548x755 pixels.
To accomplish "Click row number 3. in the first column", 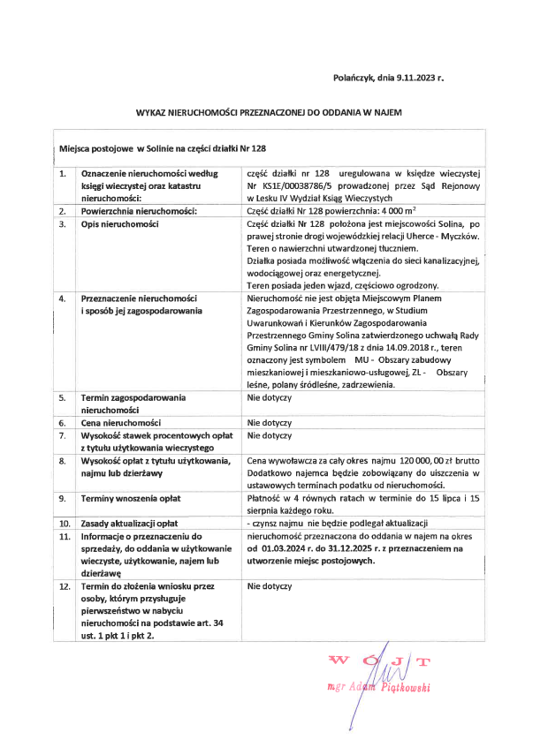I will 63,224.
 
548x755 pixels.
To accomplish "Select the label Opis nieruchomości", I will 120,224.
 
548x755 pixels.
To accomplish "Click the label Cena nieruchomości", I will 121,423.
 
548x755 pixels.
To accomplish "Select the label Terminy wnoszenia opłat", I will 132,499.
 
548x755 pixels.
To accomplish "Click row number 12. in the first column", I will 64,586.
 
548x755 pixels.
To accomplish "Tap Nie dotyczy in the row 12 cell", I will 269,586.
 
